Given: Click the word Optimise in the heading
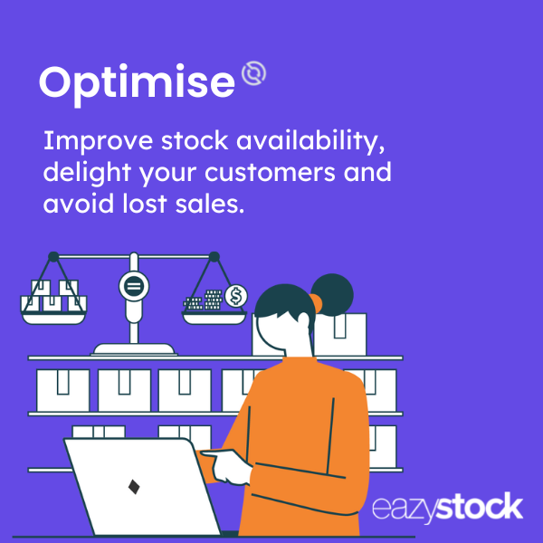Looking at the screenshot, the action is coord(138,84).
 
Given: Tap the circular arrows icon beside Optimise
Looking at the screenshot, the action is coord(253,73).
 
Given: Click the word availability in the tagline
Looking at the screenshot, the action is coord(310,142).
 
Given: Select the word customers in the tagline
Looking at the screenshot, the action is coord(270,173).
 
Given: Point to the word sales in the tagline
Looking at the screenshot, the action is coord(210,204).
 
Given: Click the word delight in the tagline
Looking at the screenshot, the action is coord(87,172).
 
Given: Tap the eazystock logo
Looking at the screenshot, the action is coord(447,508).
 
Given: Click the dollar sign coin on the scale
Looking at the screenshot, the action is coord(236,297).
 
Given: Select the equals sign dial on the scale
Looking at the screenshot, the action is coord(134,287).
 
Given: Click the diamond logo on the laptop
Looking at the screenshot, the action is coord(134,487).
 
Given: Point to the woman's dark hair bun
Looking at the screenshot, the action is coord(332,295).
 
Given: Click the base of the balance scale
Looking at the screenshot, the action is coord(134,349).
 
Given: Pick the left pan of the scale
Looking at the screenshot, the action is coord(53,318).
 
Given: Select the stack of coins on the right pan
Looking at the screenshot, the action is coord(204,300).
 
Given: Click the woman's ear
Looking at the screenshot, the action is coord(303,319).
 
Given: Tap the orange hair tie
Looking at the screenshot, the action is coord(317,302).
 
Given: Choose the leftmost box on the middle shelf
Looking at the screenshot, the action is coord(62,390).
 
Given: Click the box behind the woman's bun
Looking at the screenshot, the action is coord(340,334).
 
